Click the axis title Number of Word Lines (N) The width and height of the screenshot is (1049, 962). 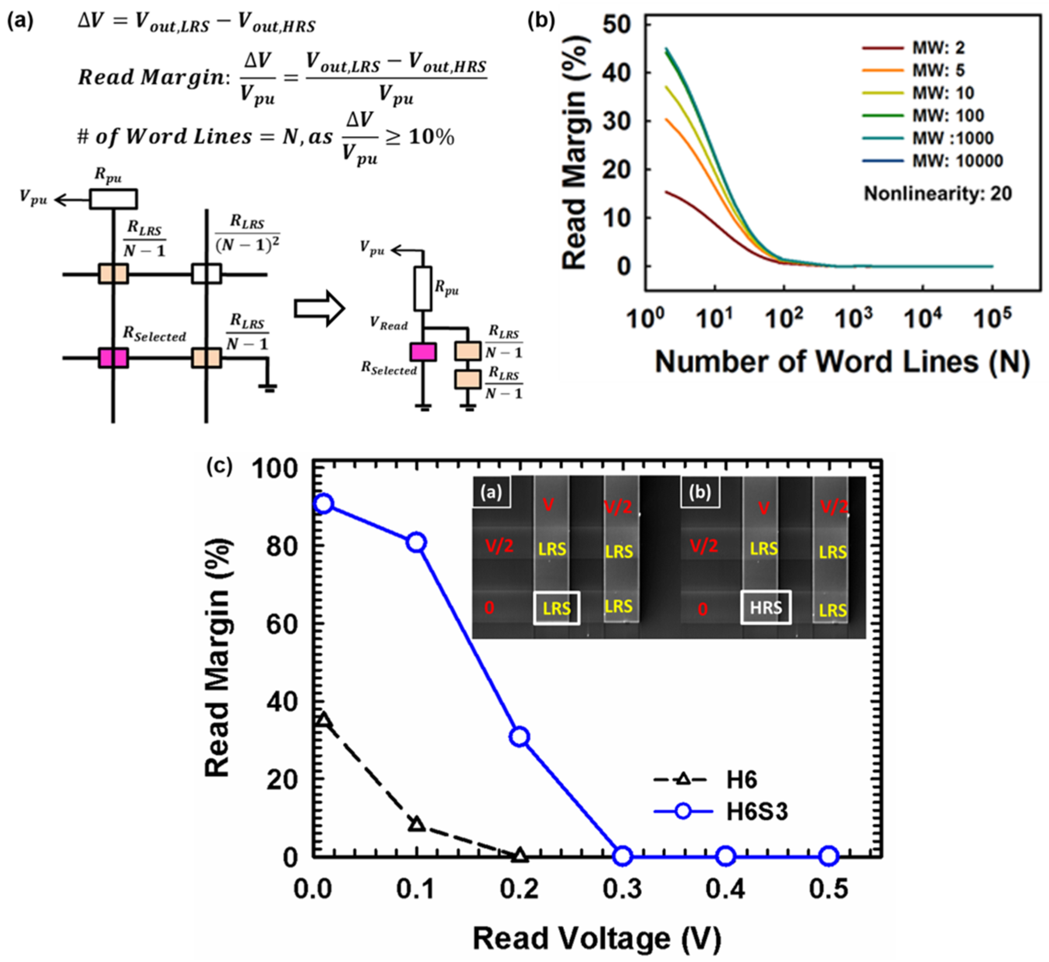(842, 361)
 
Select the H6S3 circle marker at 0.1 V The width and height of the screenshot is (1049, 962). (416, 542)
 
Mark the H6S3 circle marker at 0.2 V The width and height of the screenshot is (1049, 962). (519, 737)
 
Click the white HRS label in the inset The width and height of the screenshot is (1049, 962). (765, 607)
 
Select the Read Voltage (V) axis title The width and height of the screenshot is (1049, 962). (596, 939)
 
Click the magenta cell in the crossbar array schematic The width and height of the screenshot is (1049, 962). (113, 358)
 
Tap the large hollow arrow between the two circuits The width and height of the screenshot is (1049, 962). (319, 309)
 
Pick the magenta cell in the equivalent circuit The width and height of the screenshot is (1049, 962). (423, 352)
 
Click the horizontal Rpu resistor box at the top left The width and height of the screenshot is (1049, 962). (113, 199)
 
